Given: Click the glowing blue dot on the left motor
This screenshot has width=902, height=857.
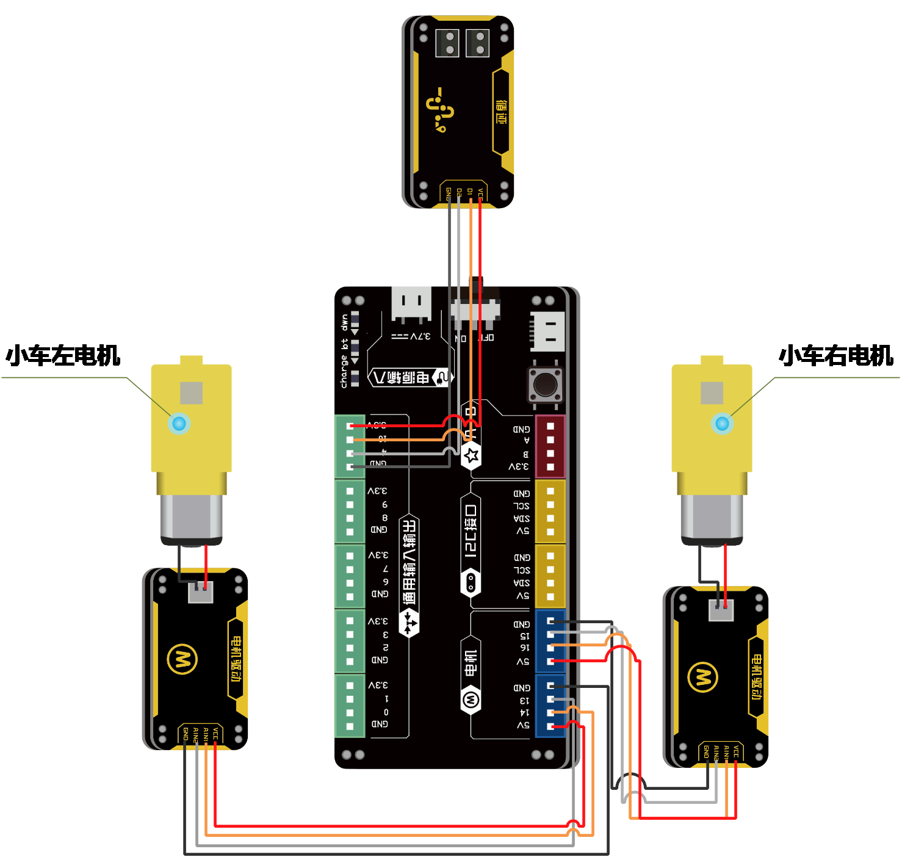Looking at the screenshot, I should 179,422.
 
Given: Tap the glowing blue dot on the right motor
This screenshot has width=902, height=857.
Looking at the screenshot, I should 722,423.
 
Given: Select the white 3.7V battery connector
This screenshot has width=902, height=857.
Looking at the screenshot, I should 411,303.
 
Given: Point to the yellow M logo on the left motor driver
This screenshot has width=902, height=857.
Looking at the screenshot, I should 182,659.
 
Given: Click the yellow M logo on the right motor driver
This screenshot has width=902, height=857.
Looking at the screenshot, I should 702,677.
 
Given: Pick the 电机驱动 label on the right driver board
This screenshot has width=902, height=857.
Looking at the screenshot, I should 757,676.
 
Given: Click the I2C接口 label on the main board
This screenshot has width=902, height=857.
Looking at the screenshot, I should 471,530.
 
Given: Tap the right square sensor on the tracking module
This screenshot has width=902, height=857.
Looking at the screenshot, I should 477,43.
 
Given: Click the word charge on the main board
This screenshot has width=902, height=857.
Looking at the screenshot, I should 344,373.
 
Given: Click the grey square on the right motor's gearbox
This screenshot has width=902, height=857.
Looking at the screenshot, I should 712,392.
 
